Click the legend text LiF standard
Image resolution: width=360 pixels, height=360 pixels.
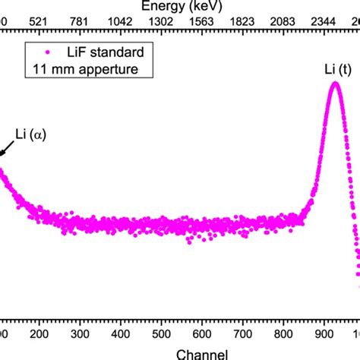(104, 52)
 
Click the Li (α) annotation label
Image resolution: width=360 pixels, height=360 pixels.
(30, 136)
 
